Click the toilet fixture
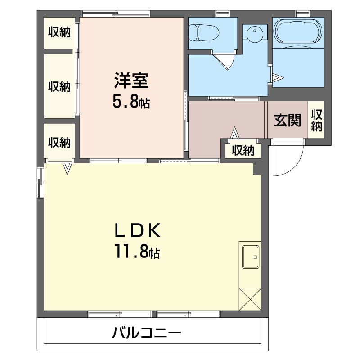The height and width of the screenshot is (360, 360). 203,32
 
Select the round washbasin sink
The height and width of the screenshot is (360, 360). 255,35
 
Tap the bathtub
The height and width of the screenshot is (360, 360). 298,33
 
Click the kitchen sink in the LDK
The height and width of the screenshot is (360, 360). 250,257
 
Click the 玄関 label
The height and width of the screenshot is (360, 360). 288,120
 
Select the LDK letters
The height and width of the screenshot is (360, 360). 136,230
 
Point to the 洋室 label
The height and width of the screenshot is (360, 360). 131,82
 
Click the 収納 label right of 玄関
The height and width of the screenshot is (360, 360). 317,120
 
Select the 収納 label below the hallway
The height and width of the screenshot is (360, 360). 243,150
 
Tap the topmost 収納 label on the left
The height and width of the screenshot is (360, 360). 59,32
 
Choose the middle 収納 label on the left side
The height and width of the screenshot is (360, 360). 59,86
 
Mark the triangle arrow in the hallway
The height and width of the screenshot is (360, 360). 234,134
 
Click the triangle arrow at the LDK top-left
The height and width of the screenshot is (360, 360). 67,169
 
